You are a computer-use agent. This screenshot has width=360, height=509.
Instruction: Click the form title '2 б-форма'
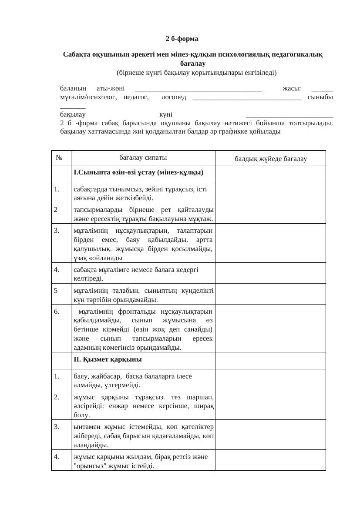182,39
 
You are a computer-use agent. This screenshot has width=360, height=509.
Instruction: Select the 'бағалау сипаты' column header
143,157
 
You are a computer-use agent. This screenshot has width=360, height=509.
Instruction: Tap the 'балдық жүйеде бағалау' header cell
270,159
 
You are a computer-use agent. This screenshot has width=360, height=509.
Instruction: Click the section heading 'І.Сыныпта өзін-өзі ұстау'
138,172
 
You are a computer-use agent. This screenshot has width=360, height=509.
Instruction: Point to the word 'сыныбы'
320,97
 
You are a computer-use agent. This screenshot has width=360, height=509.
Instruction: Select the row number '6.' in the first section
57,311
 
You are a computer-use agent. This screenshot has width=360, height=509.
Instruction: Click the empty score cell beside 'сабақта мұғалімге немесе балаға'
270,273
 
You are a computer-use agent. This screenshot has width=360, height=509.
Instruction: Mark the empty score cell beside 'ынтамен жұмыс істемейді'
270,435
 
